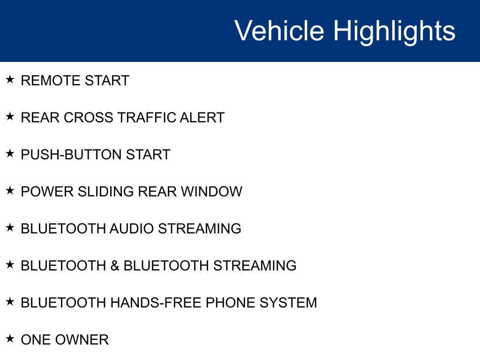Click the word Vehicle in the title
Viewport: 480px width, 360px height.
(x=279, y=30)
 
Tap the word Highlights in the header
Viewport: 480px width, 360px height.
(x=394, y=32)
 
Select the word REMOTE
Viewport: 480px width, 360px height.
(x=50, y=81)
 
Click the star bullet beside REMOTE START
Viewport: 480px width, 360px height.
(x=10, y=79)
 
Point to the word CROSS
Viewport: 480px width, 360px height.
(x=89, y=118)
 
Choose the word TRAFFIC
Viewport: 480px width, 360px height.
(x=147, y=118)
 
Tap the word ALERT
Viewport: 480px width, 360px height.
(x=202, y=118)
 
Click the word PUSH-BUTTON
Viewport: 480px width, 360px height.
(x=71, y=155)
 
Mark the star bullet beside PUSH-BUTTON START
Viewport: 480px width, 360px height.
(x=10, y=153)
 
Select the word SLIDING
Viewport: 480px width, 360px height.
(x=105, y=192)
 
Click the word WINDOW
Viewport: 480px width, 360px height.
(x=211, y=192)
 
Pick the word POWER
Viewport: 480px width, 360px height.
(x=47, y=192)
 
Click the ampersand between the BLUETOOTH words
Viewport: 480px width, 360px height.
(x=115, y=266)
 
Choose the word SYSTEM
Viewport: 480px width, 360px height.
(x=288, y=303)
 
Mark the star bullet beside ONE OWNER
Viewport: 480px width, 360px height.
(x=10, y=338)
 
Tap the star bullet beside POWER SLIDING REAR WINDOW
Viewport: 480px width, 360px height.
(x=10, y=190)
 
